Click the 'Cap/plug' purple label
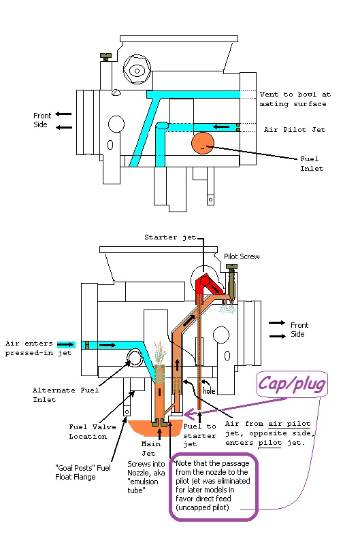[292, 384]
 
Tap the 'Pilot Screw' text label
[242, 256]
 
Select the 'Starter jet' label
[170, 237]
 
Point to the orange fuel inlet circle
[203, 144]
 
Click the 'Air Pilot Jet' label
[295, 129]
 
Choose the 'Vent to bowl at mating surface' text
[295, 99]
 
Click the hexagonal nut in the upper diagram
[137, 71]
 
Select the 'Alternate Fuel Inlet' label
[65, 395]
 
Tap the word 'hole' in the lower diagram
[209, 390]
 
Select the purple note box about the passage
[213, 486]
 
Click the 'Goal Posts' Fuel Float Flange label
[83, 473]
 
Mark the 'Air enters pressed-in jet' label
[38, 348]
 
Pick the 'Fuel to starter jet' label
[199, 435]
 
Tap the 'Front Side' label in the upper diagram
[42, 120]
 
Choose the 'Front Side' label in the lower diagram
[299, 329]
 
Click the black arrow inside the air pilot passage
[221, 127]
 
